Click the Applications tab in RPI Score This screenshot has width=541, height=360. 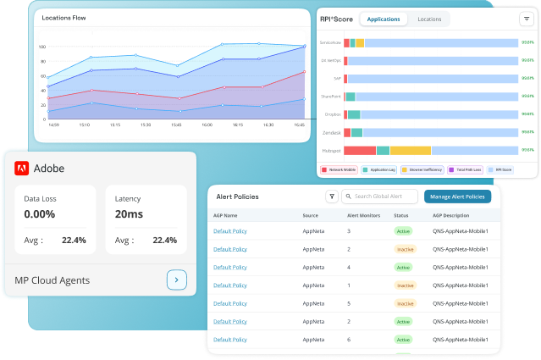[x=384, y=19]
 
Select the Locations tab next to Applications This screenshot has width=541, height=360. [x=429, y=19]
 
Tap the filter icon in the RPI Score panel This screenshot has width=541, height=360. [x=527, y=19]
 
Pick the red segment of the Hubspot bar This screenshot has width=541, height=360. [x=359, y=151]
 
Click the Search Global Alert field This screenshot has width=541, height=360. [x=381, y=197]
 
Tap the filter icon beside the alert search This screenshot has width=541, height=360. [x=332, y=197]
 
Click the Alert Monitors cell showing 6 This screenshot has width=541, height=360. [x=349, y=340]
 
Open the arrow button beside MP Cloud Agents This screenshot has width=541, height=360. [x=176, y=280]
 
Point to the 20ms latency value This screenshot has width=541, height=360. [x=128, y=214]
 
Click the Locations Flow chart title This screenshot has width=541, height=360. [x=63, y=17]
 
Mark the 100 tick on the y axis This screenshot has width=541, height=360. [x=42, y=47]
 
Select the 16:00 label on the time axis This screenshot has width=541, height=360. [x=207, y=125]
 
